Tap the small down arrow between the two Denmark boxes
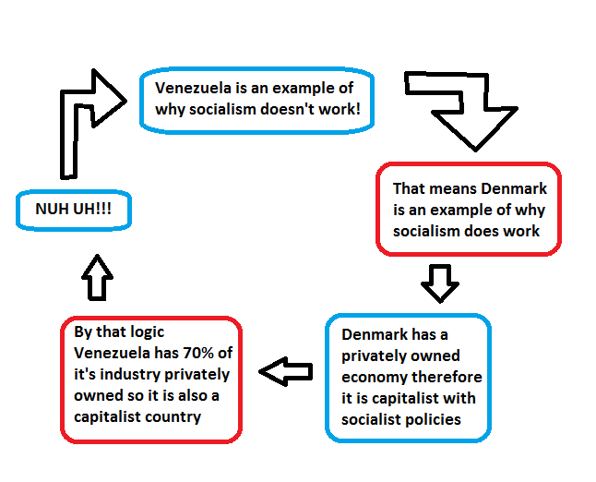click(440, 283)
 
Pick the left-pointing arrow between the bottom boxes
click(286, 371)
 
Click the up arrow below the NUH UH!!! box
click(97, 276)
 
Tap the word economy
click(369, 377)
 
